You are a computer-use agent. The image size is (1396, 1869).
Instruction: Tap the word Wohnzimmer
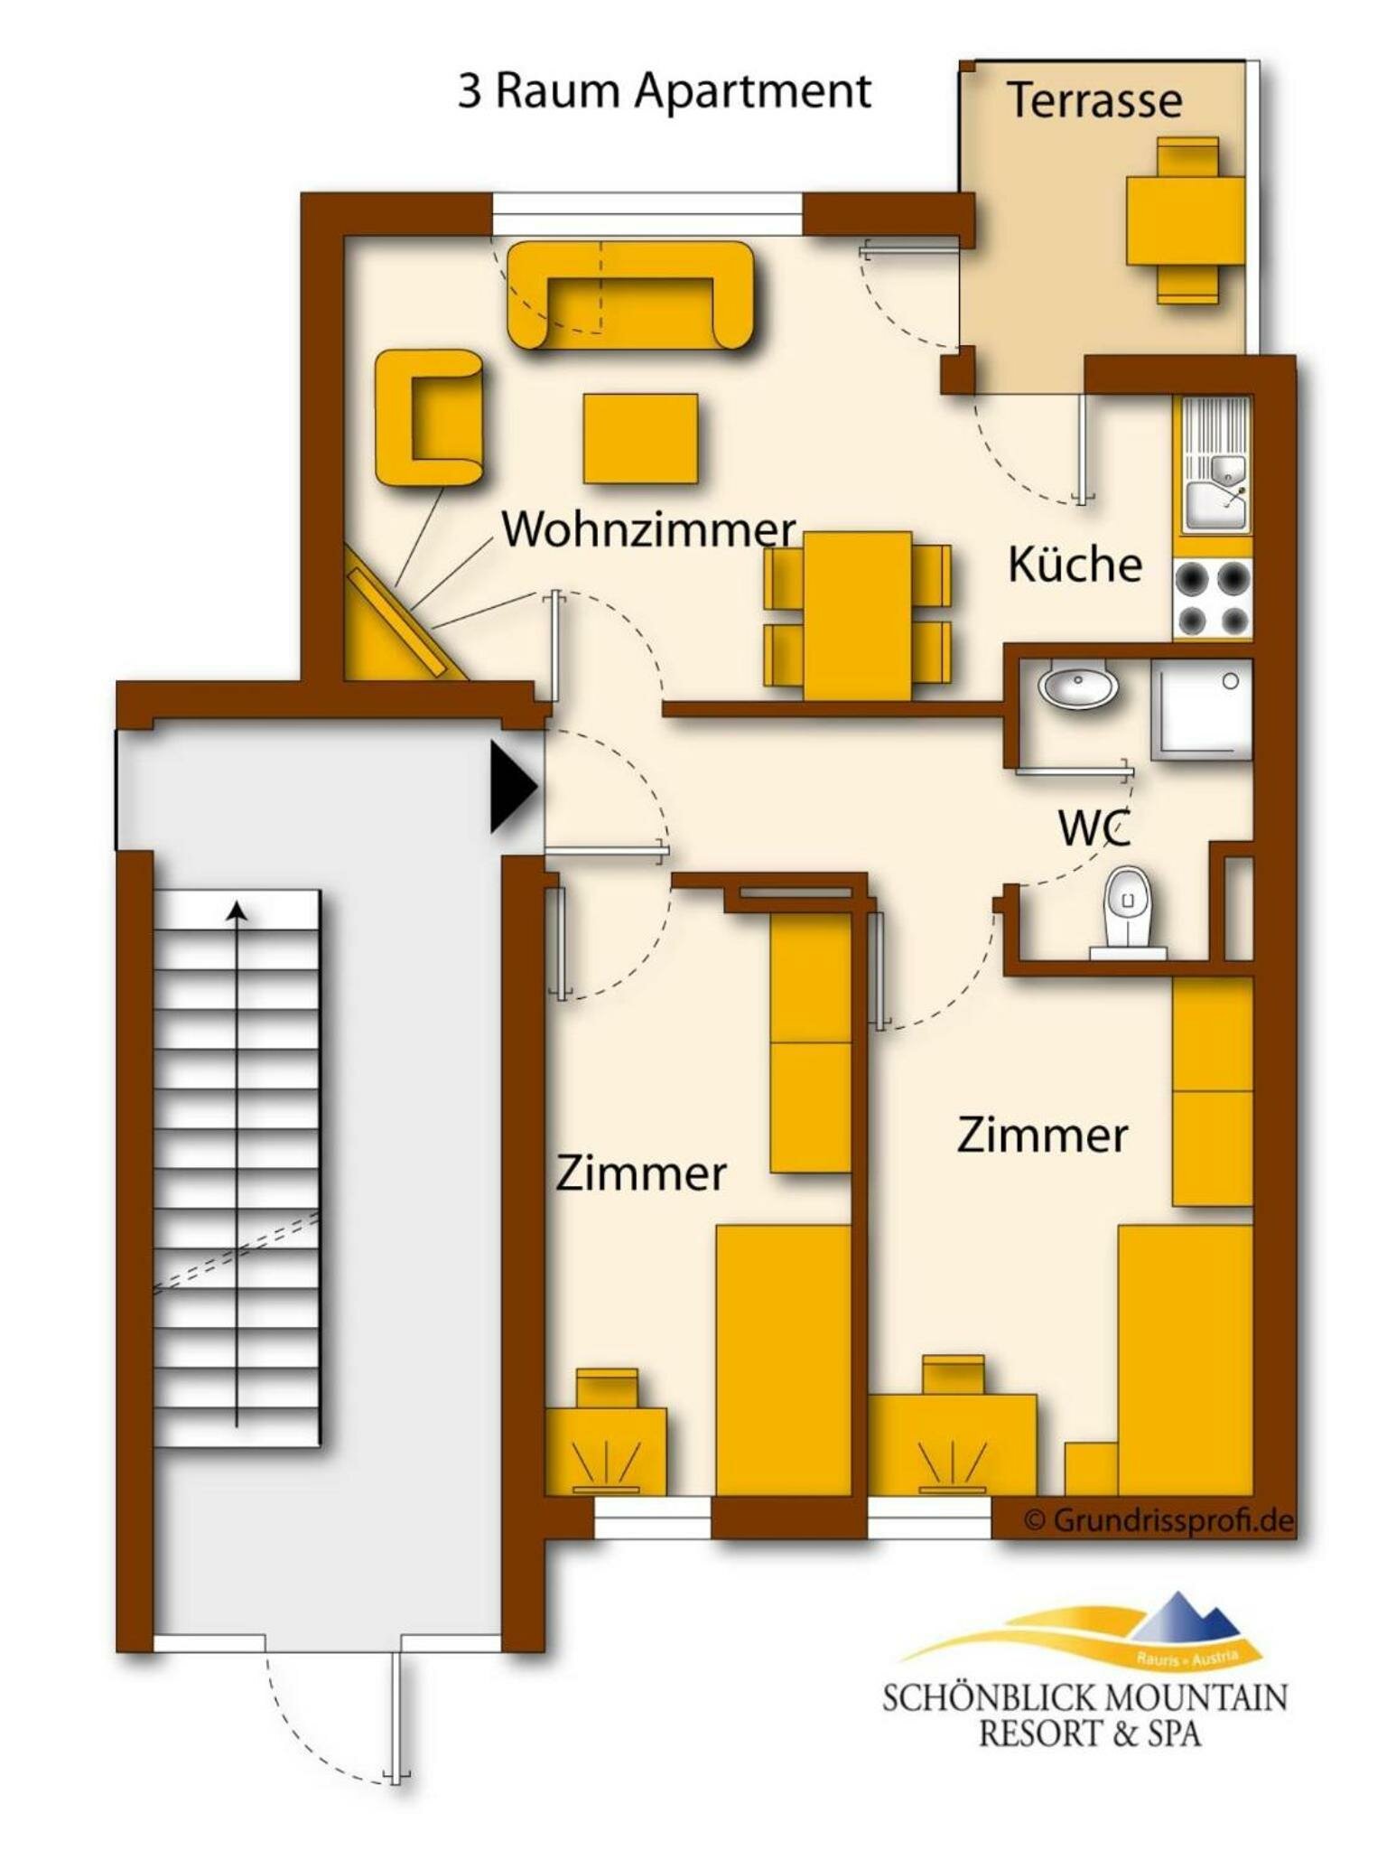tap(648, 529)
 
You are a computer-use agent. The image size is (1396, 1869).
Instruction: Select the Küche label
tap(1074, 565)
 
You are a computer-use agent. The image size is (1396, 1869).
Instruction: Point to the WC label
tap(1094, 827)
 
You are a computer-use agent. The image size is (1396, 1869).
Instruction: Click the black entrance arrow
tap(512, 786)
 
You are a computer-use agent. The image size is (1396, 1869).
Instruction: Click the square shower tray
tap(1201, 709)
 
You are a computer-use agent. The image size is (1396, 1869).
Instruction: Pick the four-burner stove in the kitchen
tap(1212, 599)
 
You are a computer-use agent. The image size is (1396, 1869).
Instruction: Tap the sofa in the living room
tap(630, 294)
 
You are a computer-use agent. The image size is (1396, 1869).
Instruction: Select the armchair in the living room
tap(429, 418)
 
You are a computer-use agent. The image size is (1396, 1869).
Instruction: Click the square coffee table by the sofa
tap(640, 438)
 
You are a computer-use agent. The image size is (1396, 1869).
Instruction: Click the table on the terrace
tap(1185, 220)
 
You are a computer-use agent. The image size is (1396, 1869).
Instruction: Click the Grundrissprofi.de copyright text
tap(1159, 1519)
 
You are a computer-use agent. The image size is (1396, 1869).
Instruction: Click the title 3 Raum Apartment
tap(665, 91)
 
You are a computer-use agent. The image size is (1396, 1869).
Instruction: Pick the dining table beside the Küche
tap(857, 615)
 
